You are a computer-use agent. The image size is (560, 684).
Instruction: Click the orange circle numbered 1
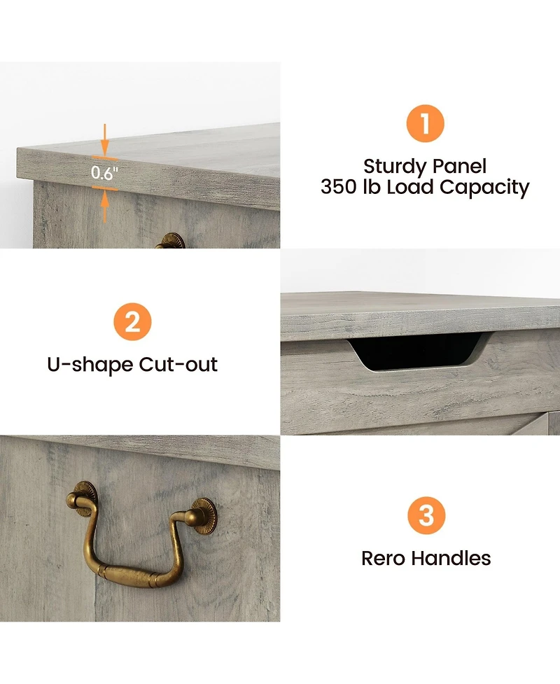(425, 123)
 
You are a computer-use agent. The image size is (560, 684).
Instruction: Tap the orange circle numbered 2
(132, 322)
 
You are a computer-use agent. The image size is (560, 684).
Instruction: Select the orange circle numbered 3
(426, 515)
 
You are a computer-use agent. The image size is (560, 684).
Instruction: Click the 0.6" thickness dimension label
(105, 173)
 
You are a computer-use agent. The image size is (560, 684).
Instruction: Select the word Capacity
(484, 188)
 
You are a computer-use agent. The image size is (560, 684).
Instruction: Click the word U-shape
(90, 365)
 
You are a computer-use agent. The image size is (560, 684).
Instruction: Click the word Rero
(384, 559)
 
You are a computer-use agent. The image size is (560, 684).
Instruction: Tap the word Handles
(451, 558)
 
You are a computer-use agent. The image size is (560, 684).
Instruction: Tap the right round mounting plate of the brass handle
(203, 516)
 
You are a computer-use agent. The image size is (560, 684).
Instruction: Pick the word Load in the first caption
(409, 187)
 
